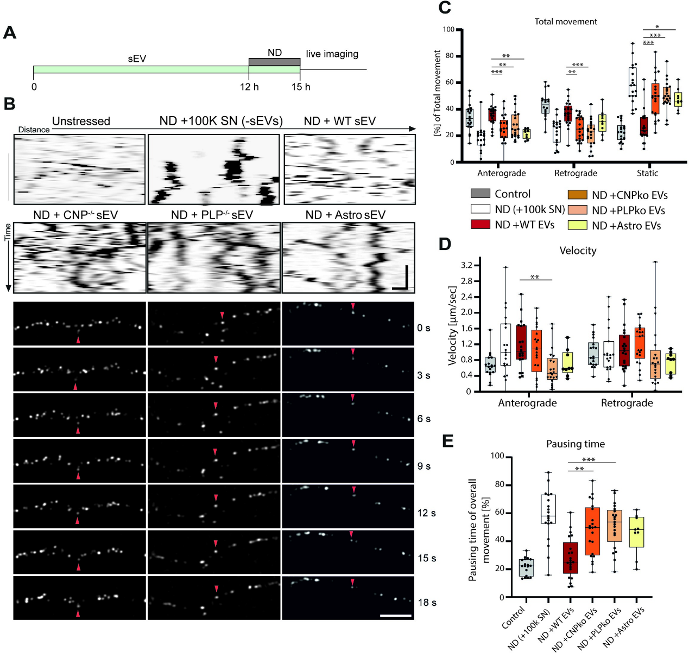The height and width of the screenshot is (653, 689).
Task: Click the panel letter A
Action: tap(10, 33)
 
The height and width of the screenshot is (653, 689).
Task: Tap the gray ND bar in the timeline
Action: tap(274, 62)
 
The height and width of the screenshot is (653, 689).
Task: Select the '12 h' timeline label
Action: tap(249, 87)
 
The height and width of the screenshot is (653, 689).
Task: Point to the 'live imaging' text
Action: tap(332, 54)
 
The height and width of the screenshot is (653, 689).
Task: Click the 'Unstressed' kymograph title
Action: tap(81, 121)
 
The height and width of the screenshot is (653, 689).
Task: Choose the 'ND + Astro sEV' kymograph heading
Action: tap(345, 215)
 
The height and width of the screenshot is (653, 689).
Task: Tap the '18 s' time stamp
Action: tap(427, 602)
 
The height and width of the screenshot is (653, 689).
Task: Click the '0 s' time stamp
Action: tap(423, 328)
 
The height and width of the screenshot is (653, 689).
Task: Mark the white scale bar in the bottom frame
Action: tap(396, 616)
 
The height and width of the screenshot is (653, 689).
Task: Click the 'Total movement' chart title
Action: tap(566, 22)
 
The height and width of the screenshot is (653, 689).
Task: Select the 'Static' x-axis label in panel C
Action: tap(647, 173)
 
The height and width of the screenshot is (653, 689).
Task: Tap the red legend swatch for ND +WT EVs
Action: tap(480, 225)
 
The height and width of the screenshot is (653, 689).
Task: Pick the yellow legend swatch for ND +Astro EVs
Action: tap(577, 225)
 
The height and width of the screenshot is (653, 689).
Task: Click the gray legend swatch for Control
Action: tap(480, 194)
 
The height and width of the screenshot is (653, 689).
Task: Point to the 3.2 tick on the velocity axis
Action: tap(466, 265)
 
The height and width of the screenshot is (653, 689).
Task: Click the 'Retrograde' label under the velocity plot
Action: tap(627, 403)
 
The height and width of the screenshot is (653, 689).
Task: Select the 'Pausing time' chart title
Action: tap(575, 444)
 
